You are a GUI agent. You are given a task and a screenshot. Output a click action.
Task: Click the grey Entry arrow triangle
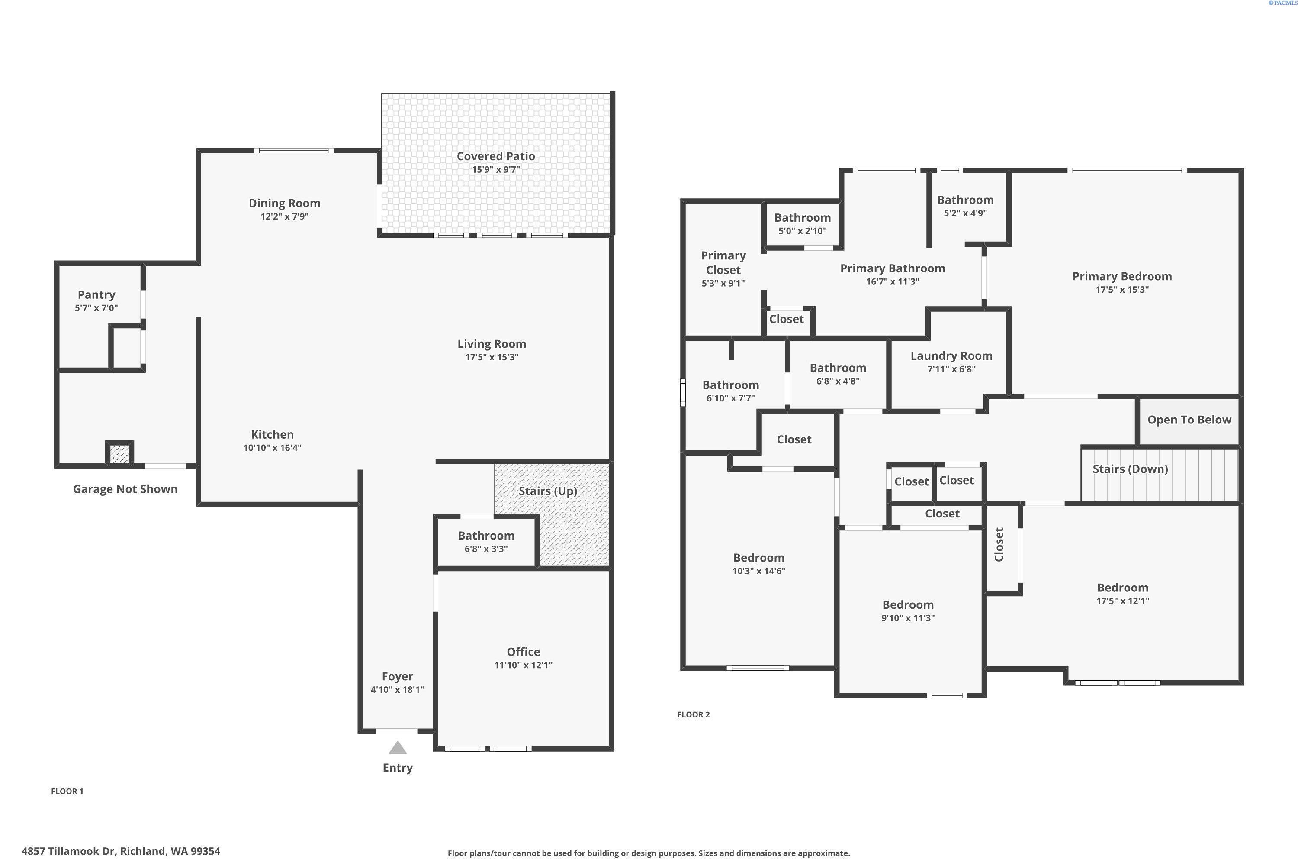pos(397,748)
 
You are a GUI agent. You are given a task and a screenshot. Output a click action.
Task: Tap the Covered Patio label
pos(495,156)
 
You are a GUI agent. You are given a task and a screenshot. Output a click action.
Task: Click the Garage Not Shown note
pos(125,489)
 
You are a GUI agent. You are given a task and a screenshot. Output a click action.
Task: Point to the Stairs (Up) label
pos(548,491)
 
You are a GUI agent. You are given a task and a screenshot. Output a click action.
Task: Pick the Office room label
pos(523,652)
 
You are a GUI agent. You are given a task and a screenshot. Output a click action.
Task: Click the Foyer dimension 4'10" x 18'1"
pos(397,689)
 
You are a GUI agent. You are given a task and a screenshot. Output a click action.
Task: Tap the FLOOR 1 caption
pos(67,791)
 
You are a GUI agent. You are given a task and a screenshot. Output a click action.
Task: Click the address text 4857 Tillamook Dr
pos(69,851)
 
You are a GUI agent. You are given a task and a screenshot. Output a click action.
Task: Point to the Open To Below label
pos(1189,420)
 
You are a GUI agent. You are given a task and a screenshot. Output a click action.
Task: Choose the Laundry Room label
pos(951,355)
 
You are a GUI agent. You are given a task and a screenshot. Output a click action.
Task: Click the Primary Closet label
pos(723,262)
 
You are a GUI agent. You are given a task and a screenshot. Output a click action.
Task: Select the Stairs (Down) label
pos(1130,469)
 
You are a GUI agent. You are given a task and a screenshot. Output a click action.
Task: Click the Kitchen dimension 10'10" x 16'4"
pos(272,447)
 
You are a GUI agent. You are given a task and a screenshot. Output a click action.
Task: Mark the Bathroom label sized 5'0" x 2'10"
pos(803,218)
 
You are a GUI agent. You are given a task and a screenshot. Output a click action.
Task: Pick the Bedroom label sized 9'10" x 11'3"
pos(908,605)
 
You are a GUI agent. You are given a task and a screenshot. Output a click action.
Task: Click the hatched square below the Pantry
pos(119,454)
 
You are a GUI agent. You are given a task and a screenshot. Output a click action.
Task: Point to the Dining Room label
pos(284,203)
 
